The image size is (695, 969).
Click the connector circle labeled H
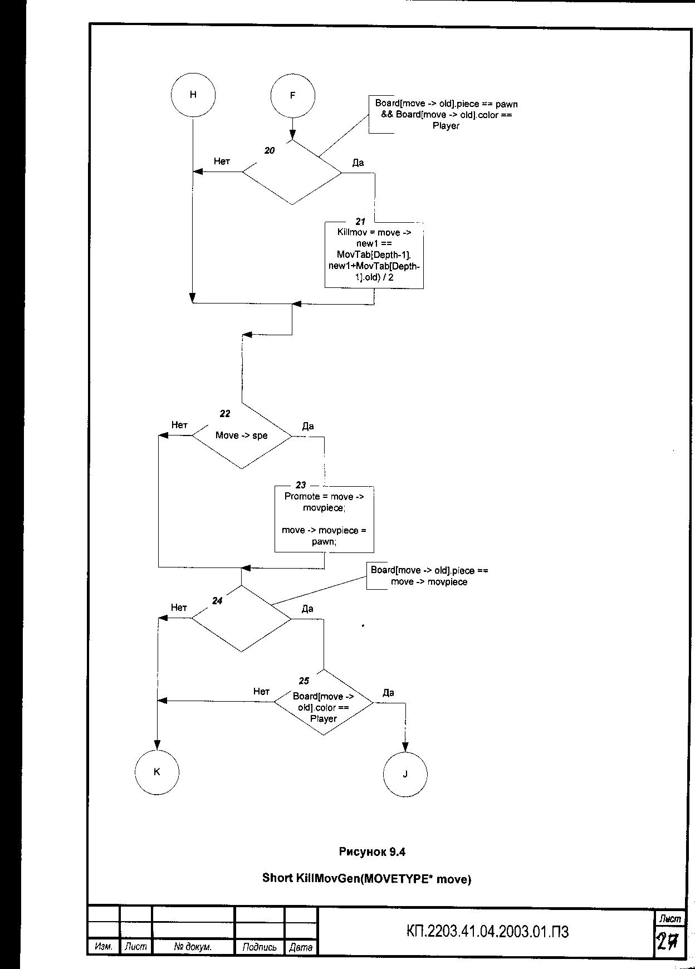193,95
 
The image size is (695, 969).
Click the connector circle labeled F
292,96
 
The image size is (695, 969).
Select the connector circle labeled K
156,772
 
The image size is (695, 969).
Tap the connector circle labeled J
405,774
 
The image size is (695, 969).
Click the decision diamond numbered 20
292,172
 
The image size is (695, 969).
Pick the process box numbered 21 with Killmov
374,255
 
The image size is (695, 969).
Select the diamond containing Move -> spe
242,435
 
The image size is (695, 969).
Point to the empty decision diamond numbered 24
242,618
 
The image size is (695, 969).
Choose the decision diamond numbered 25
324,703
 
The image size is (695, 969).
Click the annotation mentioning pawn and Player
446,115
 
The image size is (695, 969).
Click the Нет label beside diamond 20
222,161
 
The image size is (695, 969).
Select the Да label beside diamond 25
388,693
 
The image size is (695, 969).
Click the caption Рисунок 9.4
372,851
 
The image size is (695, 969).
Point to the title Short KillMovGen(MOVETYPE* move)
366,879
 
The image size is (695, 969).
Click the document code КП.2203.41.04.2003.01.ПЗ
488,932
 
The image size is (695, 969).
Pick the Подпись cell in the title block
260,947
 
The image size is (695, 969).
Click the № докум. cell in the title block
193,947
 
